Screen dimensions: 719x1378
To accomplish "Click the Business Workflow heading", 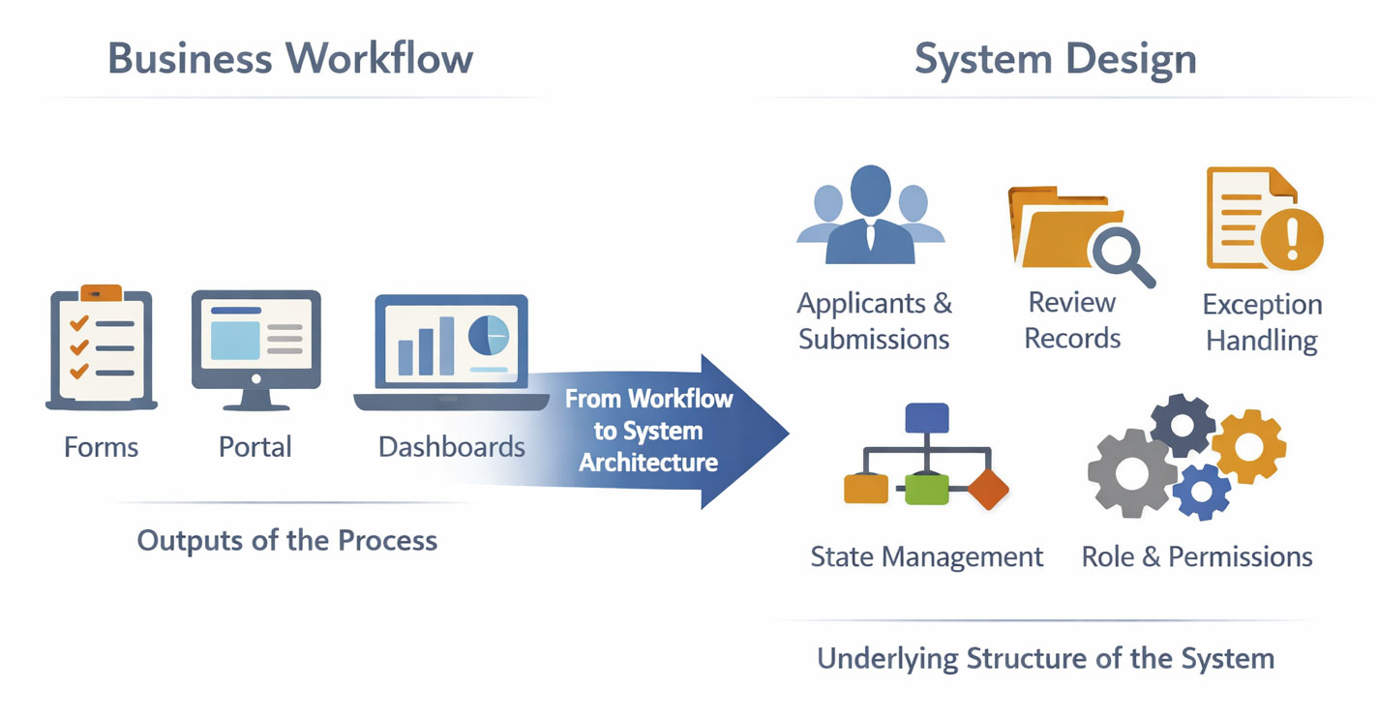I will (x=290, y=58).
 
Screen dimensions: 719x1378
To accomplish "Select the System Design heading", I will (x=1055, y=58).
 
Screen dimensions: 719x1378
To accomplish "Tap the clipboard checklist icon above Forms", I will (x=102, y=346).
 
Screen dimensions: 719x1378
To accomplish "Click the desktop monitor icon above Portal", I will (x=256, y=344).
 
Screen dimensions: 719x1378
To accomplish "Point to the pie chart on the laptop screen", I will (x=488, y=336).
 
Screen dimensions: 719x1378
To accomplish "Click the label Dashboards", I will (x=452, y=447).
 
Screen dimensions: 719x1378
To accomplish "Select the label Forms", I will (x=102, y=447).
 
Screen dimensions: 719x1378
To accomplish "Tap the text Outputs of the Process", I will (x=287, y=540).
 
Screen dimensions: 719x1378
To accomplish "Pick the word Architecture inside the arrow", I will (x=648, y=463).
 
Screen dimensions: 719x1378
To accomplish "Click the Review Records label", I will (x=1072, y=320).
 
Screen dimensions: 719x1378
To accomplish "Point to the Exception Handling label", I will (x=1262, y=322).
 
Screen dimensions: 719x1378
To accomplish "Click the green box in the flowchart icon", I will (x=926, y=490).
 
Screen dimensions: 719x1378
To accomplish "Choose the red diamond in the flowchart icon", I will (x=987, y=489).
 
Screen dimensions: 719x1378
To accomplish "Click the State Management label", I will (x=927, y=557).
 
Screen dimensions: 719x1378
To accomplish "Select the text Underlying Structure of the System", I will (x=1045, y=659).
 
